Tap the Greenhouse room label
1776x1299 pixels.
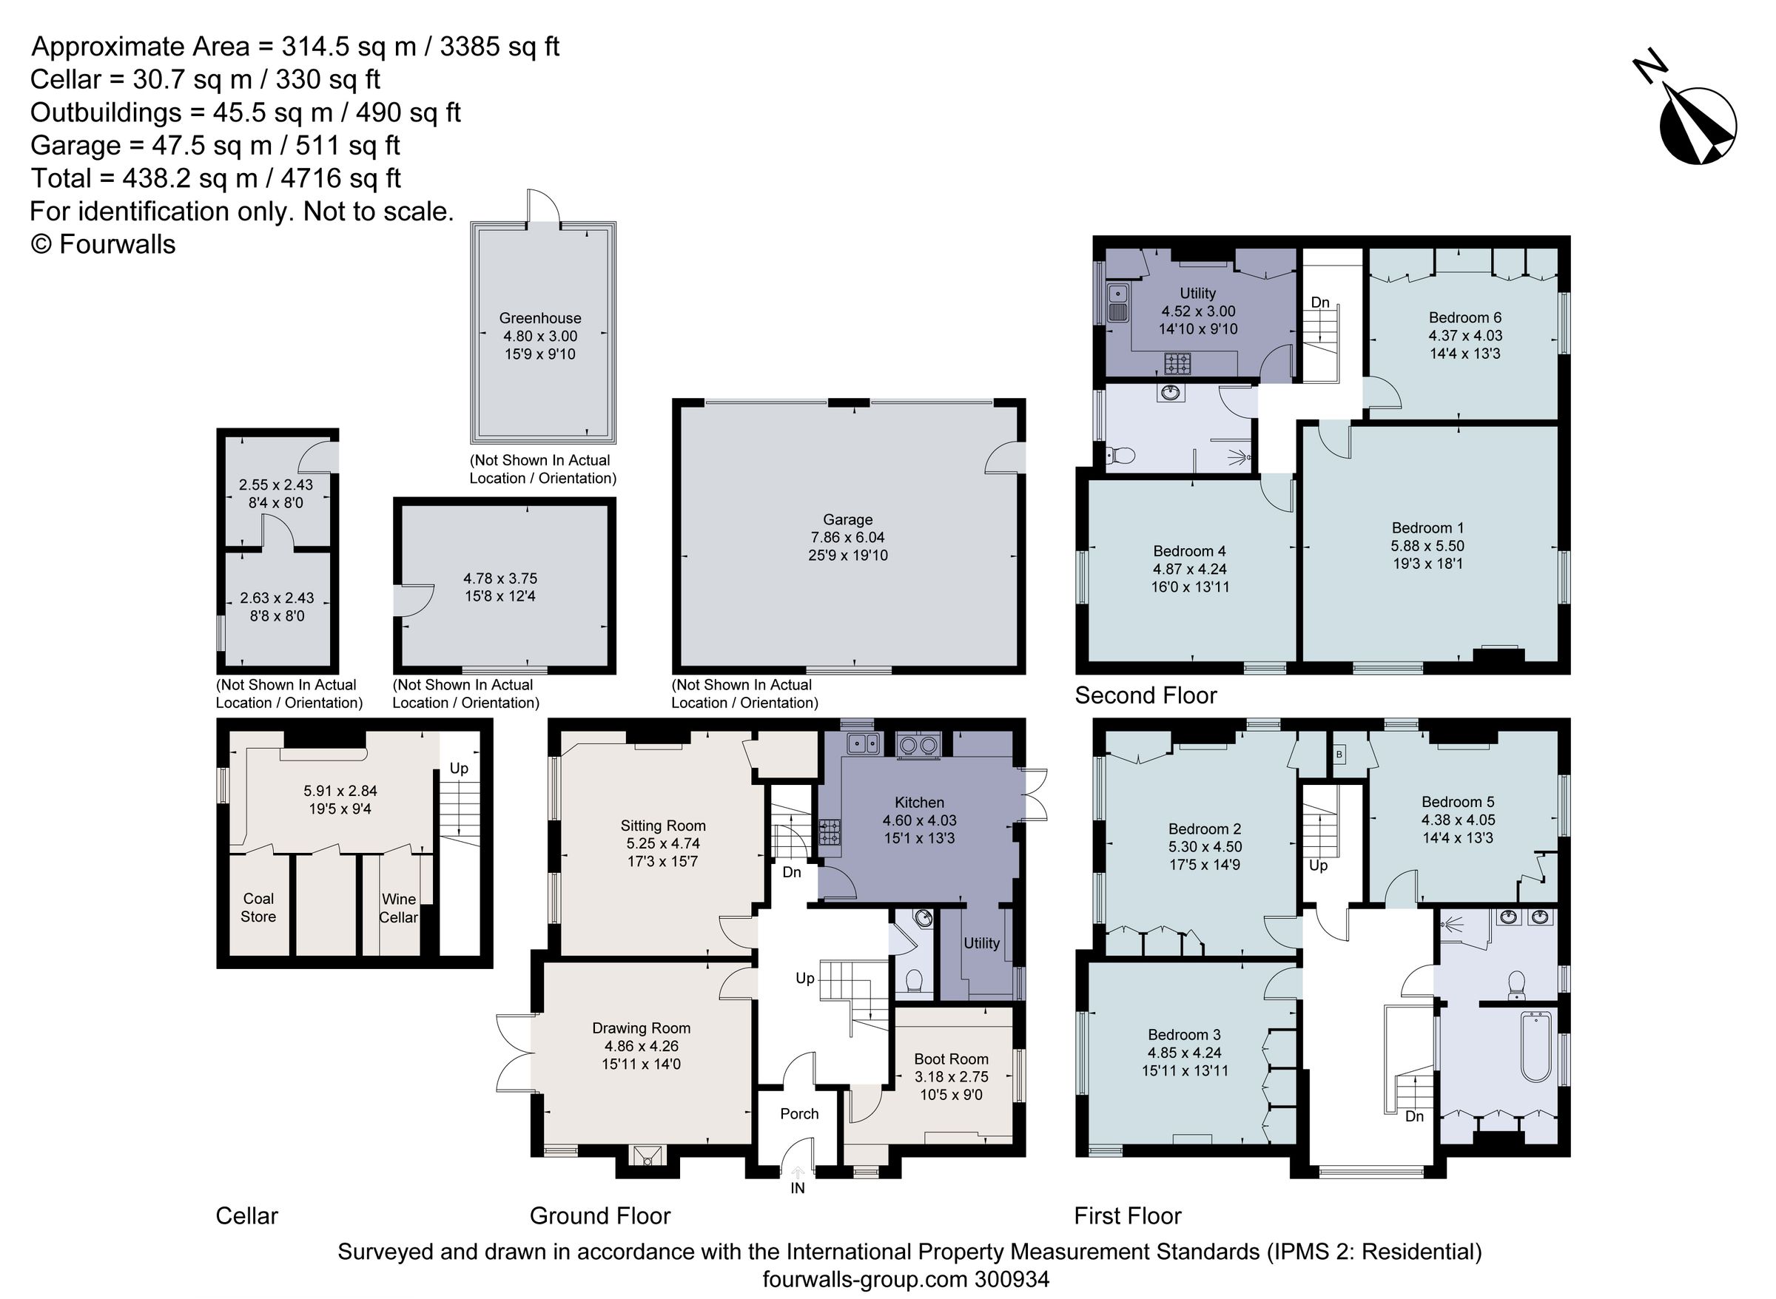[539, 318]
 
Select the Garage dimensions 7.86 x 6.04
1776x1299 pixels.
[848, 538]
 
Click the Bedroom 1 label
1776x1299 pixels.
[1427, 528]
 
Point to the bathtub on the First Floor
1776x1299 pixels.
[1535, 1047]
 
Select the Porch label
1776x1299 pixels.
[799, 1114]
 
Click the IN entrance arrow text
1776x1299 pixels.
[798, 1188]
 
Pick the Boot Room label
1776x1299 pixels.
[950, 1059]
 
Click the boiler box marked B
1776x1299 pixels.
[1339, 755]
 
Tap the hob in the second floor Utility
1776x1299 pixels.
[1177, 363]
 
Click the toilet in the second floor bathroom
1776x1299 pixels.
[1120, 455]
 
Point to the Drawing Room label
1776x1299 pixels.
[641, 1028]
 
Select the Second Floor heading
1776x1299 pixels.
[1146, 695]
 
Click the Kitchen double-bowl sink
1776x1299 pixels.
[863, 742]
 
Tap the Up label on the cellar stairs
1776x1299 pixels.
[458, 769]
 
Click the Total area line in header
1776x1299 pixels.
[215, 178]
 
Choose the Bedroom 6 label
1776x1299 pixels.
[1464, 317]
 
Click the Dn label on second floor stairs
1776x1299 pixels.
[1320, 303]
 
